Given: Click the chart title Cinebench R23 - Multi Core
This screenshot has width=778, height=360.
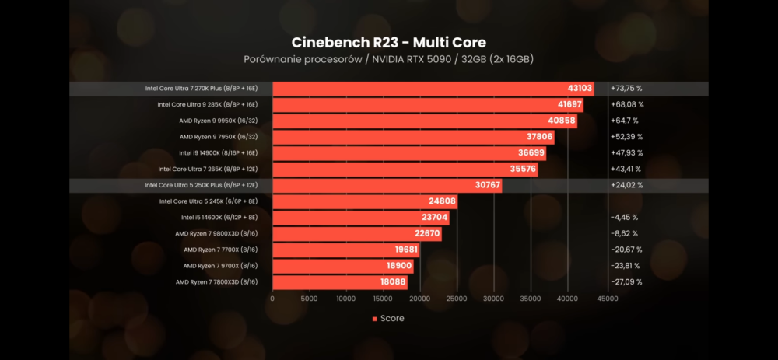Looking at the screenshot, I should pyautogui.click(x=388, y=42).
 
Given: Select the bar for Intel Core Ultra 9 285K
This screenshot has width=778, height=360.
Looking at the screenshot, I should pyautogui.click(x=427, y=104).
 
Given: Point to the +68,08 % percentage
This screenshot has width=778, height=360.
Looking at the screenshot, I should pyautogui.click(x=627, y=104).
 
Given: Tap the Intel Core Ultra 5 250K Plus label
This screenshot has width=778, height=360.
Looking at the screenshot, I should pyautogui.click(x=201, y=185).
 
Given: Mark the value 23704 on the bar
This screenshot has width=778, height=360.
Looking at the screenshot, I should pyautogui.click(x=430, y=218).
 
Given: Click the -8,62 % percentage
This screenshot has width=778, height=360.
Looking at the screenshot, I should pyautogui.click(x=624, y=233).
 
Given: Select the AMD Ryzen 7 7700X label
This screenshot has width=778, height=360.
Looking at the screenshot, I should pyautogui.click(x=220, y=250).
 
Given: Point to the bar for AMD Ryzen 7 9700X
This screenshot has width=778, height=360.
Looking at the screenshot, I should pyautogui.click(x=342, y=266).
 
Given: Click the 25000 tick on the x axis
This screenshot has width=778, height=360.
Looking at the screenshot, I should pyautogui.click(x=457, y=298).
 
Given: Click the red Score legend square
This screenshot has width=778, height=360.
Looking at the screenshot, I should pyautogui.click(x=374, y=319).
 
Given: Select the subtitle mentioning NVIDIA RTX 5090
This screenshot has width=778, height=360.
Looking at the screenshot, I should pyautogui.click(x=388, y=59).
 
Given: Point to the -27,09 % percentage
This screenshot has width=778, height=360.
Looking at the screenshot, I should pyautogui.click(x=626, y=282).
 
